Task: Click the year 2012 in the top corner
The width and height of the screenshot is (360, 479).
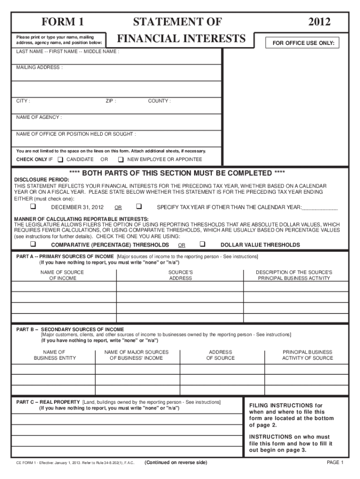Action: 319,22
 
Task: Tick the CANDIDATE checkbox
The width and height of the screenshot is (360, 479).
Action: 60,160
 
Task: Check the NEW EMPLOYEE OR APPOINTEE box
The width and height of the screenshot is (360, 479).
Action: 121,160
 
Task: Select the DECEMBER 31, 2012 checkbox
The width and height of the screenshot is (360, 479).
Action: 33,206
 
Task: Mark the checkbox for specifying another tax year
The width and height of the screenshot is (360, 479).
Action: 138,206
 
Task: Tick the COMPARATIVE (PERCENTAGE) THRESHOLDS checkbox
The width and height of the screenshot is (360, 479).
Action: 33,244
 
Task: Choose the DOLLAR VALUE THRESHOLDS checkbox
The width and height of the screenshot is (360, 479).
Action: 202,244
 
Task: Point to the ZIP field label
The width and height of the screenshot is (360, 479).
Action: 111,101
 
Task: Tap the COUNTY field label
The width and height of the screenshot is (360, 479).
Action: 159,101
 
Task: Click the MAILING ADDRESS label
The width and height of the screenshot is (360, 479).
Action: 39,67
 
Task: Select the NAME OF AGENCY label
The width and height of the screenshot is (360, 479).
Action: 39,117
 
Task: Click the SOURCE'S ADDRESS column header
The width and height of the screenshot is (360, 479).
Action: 180,275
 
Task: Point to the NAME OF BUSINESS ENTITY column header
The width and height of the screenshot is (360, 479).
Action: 54,355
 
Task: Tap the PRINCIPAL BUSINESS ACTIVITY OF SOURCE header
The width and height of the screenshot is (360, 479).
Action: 307,355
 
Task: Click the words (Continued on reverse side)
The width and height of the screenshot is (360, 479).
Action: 175,463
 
